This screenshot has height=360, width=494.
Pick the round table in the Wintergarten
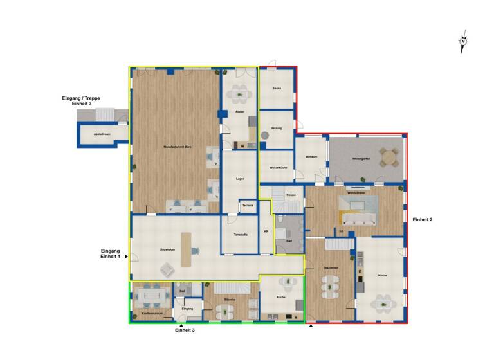pyautogui.click(x=388, y=156)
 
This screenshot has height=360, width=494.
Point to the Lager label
pyautogui.click(x=240, y=178)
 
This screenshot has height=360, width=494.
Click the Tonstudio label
pyautogui.click(x=241, y=234)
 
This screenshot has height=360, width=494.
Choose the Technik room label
pyautogui.click(x=248, y=205)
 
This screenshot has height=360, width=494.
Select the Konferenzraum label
pyautogui.click(x=152, y=313)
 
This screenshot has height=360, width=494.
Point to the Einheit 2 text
pyautogui.click(x=422, y=220)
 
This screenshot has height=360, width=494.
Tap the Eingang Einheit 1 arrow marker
pyautogui.click(x=127, y=256)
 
